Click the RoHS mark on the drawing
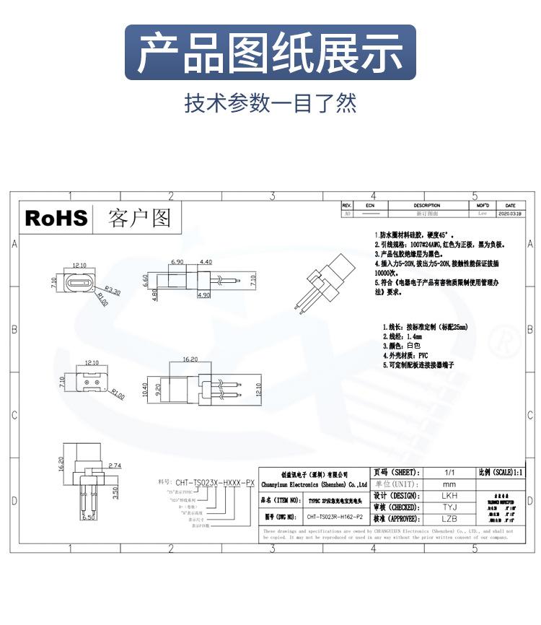(56, 218)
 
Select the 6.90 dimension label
(178, 261)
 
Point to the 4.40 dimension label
(206, 261)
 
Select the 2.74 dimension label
(115, 466)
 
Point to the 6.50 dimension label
(89, 517)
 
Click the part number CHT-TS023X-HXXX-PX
(214, 481)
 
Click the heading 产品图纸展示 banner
(270, 53)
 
